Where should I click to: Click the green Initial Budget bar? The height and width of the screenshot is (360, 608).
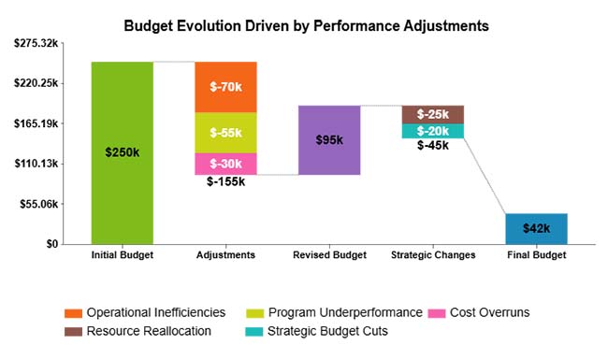(x=122, y=152)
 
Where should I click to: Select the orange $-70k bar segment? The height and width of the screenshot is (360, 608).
(x=225, y=87)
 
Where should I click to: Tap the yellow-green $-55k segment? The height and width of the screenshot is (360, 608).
(x=225, y=133)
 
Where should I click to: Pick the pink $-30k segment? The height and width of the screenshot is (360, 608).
(x=225, y=164)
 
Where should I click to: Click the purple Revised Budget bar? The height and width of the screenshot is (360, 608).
(x=329, y=140)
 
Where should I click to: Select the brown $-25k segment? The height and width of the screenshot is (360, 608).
(x=432, y=114)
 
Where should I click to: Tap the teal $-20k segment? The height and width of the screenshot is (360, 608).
(x=432, y=131)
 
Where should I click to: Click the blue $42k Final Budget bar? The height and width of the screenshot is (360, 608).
(x=536, y=228)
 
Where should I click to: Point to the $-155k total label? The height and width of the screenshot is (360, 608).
(x=225, y=182)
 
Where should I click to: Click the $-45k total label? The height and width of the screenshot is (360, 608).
(x=432, y=146)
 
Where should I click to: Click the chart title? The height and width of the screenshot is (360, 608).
(x=306, y=26)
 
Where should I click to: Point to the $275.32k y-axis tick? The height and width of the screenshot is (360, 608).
(x=36, y=43)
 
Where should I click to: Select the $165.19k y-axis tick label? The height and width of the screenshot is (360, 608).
(x=36, y=123)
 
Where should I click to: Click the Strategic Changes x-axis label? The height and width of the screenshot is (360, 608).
(x=432, y=255)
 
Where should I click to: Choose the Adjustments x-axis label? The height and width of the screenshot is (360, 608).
(x=225, y=255)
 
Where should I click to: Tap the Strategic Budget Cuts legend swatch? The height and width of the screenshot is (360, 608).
(x=254, y=330)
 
